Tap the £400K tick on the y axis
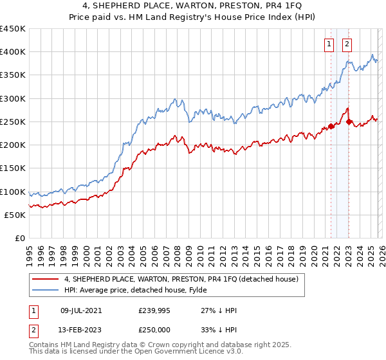pyautogui.click(x=13, y=52)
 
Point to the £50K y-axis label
pyautogui.click(x=15, y=215)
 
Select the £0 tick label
pyautogui.click(x=20, y=239)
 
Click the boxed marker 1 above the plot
pyautogui.click(x=329, y=44)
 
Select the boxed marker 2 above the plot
pyautogui.click(x=347, y=44)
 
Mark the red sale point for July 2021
pyautogui.click(x=331, y=127)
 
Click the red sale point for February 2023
pyautogui.click(x=349, y=122)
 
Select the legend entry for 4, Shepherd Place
pyautogui.click(x=181, y=280)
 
